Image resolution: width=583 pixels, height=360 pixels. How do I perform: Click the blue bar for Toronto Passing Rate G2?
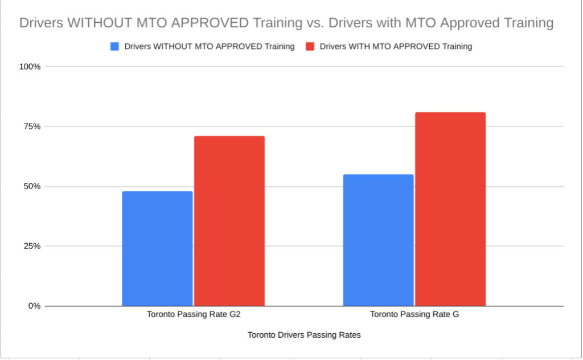157,248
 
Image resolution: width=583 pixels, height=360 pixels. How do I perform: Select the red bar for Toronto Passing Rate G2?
229,221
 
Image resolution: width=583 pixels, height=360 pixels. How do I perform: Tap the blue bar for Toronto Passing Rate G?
378,240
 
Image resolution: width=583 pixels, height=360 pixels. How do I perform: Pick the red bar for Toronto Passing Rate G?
450,209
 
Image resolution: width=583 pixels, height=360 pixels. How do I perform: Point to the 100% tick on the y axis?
30,67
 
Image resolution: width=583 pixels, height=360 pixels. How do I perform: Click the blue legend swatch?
114,47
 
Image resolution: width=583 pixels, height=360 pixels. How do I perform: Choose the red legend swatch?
310,47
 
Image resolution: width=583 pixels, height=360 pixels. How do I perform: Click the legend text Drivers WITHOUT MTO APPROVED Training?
209,47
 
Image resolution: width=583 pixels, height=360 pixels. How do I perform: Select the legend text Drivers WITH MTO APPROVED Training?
396,47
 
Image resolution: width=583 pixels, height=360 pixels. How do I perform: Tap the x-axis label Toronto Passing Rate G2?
193,314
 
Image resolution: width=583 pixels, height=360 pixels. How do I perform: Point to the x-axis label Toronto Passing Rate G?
414,314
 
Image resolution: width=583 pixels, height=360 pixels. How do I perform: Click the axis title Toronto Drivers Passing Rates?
304,335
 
